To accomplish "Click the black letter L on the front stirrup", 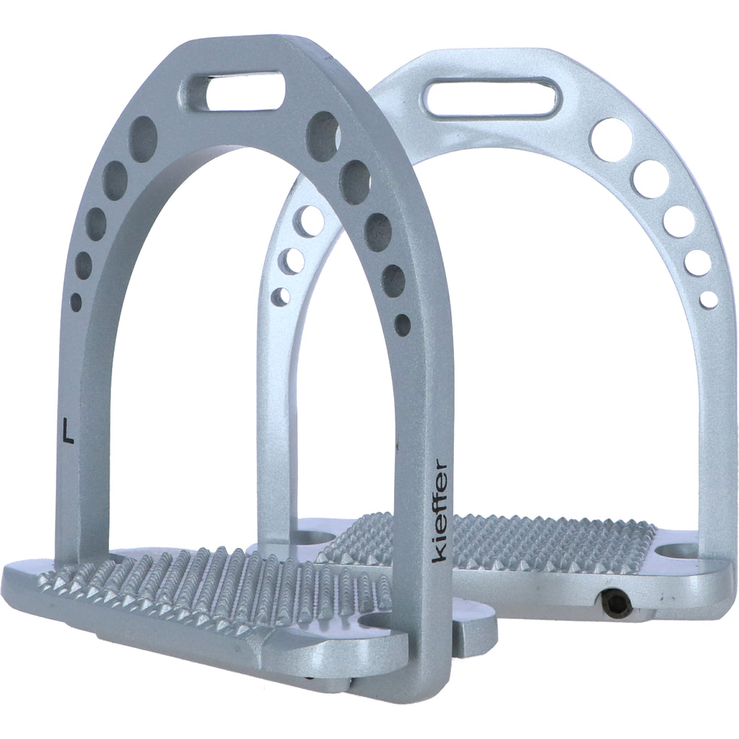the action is [x=69, y=430].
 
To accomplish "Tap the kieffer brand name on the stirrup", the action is [x=440, y=510].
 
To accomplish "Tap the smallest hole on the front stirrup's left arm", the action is [x=76, y=301].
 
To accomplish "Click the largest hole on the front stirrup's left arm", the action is [x=144, y=139].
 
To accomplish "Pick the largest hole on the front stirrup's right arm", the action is [x=323, y=136].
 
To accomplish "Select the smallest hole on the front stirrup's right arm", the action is [x=403, y=325].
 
